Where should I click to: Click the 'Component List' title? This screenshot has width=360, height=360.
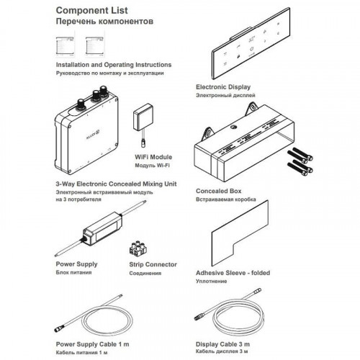[x=91, y=10]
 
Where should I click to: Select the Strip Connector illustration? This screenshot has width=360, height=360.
[x=138, y=248]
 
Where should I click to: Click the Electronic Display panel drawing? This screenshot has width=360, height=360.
[x=251, y=43]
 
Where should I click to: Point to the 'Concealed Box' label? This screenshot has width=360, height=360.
[x=219, y=191]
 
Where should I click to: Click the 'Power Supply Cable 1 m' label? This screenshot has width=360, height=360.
[x=92, y=344]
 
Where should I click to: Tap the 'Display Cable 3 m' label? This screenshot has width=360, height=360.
[x=222, y=344]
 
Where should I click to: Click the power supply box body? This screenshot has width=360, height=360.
[x=102, y=229]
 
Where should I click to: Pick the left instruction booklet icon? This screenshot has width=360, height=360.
[x=65, y=46]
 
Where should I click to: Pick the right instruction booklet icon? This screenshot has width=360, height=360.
[x=94, y=46]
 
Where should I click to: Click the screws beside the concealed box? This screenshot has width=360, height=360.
[x=300, y=161]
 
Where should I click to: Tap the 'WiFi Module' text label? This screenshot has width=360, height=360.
[x=153, y=157]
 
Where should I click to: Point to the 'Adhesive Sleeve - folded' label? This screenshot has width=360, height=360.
[x=233, y=273]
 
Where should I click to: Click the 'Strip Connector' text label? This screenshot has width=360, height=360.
[x=153, y=264]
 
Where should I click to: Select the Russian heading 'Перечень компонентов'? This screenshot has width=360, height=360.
[x=104, y=22]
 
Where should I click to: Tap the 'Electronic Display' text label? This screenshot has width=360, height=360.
[x=223, y=87]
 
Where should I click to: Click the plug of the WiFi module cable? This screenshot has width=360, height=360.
[x=143, y=143]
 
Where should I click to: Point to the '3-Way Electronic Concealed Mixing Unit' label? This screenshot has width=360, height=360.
[x=116, y=184]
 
